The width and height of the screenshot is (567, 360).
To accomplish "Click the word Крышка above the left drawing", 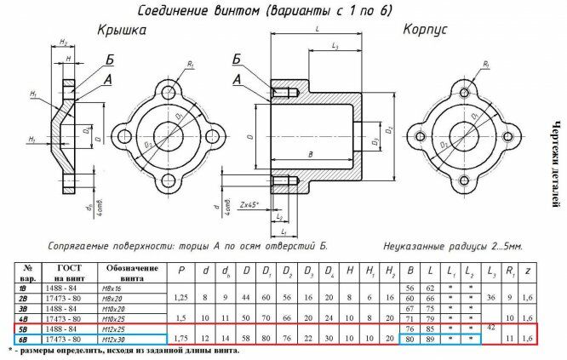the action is (121, 30).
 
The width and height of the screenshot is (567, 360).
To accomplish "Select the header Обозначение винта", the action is (132, 272).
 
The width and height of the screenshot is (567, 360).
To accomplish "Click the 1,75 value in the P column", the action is (180, 338).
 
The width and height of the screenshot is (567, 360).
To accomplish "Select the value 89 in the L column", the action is (431, 338).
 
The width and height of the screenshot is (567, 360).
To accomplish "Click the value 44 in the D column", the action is (245, 299).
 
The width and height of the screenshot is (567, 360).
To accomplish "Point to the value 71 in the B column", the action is (410, 318).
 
